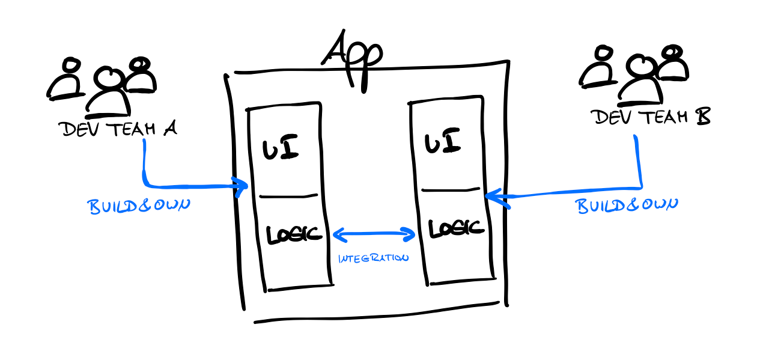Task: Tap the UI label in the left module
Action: (x=281, y=147)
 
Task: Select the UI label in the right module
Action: (x=443, y=144)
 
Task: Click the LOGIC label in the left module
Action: (x=294, y=234)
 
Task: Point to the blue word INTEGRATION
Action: (x=373, y=258)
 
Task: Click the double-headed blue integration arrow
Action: (x=374, y=234)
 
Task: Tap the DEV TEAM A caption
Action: (x=117, y=129)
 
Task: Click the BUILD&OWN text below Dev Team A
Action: (x=139, y=206)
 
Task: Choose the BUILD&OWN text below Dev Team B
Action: (x=628, y=205)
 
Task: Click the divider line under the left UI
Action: (x=288, y=196)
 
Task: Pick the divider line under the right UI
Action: (x=451, y=190)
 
